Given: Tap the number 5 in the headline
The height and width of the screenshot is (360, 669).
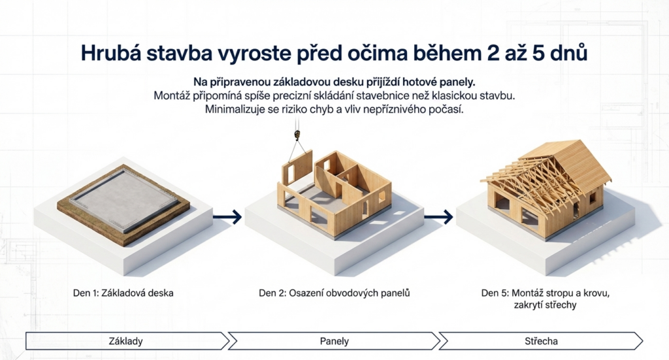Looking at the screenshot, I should pos(539,53).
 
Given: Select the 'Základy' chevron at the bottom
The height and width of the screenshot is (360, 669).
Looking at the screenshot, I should pos(125,340).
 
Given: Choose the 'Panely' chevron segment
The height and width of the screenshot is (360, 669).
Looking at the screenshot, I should pos(334,340).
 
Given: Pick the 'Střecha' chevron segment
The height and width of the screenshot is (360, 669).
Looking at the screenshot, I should pos(542,340).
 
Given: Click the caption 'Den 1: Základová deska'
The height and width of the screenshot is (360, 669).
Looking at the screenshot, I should pos(123,293).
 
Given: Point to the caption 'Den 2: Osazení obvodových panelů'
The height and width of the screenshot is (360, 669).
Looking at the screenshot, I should pos(334,293).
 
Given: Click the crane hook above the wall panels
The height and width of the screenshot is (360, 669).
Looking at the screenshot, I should pos(297,135).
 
